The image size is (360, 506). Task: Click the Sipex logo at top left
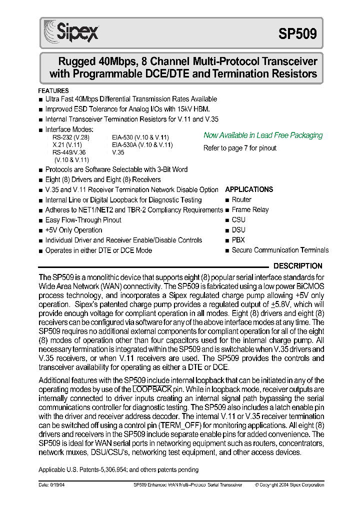(x=71, y=32)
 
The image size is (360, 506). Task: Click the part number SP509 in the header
(x=297, y=33)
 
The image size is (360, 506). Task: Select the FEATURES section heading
(x=53, y=91)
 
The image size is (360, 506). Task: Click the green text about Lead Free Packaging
(x=263, y=135)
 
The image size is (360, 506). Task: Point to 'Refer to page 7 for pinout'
(x=240, y=148)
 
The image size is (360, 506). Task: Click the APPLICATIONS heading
(x=249, y=189)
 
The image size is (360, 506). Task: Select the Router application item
(x=241, y=199)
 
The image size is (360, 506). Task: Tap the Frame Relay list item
(x=250, y=210)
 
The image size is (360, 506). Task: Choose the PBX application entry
(x=238, y=240)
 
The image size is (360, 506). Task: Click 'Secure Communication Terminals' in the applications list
(x=280, y=250)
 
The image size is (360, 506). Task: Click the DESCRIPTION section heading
(x=298, y=266)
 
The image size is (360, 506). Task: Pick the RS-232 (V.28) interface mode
(x=70, y=137)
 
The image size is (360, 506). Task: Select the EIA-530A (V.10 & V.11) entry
(x=142, y=144)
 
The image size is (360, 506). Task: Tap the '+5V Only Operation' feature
(x=73, y=230)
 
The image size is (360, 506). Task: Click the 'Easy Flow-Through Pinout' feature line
(x=83, y=220)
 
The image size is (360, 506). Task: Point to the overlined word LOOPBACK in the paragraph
(x=152, y=389)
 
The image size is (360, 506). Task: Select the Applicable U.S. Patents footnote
(x=118, y=469)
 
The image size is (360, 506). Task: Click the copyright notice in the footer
(x=289, y=484)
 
